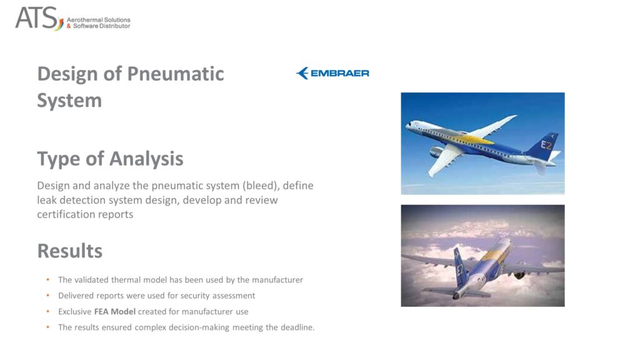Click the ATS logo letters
[37, 18]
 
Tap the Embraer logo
[332, 73]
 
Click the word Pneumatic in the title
[176, 74]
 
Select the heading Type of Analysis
[110, 159]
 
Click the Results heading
[70, 251]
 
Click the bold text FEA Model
[115, 311]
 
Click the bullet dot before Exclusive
[47, 311]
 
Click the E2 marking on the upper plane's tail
[546, 145]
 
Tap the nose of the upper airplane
[408, 126]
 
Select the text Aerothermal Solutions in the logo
[98, 19]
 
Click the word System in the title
[69, 101]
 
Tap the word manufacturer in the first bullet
[277, 279]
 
